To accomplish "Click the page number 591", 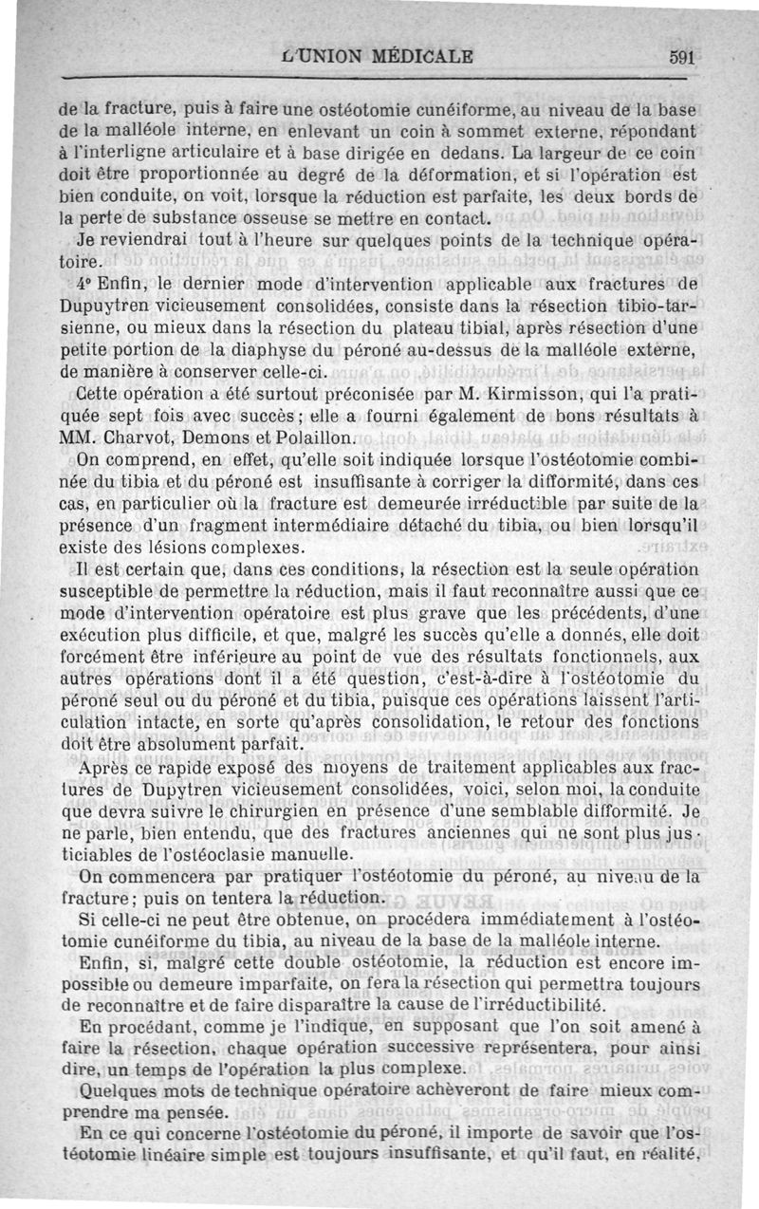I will coord(682,56).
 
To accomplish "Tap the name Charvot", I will coord(135,439).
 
